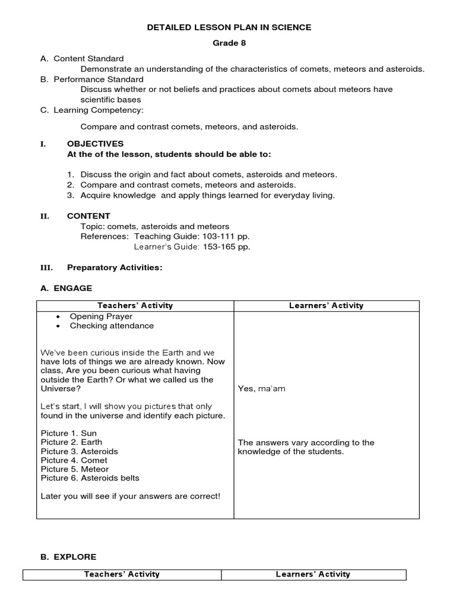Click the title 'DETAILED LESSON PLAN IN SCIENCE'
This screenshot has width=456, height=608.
tap(229, 27)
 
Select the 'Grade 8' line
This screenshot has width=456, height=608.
tap(229, 43)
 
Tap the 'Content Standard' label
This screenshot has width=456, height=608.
tap(88, 59)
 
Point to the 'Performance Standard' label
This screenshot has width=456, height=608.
tap(98, 79)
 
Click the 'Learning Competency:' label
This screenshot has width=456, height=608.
tap(98, 110)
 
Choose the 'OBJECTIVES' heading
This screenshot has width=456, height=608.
tap(95, 144)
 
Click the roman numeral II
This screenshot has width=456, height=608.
tap(45, 216)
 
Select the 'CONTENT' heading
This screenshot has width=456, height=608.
tap(88, 216)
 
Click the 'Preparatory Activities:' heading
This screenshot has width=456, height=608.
tap(115, 268)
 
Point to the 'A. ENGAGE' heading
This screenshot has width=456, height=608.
tap(66, 288)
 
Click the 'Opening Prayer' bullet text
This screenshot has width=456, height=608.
tap(101, 316)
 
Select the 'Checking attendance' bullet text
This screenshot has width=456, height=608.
tap(112, 325)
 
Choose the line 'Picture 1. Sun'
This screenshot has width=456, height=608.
tap(68, 433)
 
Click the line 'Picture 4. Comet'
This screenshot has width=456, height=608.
tap(74, 460)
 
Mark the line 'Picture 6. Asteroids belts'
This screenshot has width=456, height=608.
tap(90, 478)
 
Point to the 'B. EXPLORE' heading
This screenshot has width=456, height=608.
tap(68, 557)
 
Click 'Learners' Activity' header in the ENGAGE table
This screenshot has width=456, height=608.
tap(326, 306)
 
